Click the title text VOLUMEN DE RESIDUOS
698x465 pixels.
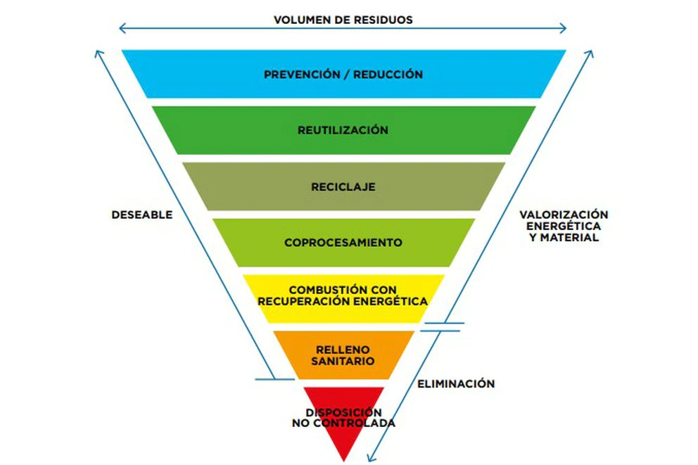click(343, 20)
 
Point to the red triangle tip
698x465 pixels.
click(343, 447)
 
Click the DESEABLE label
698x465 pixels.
click(141, 215)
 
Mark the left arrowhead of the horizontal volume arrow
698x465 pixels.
click(121, 29)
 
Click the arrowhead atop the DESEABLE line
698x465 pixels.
click(99, 52)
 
